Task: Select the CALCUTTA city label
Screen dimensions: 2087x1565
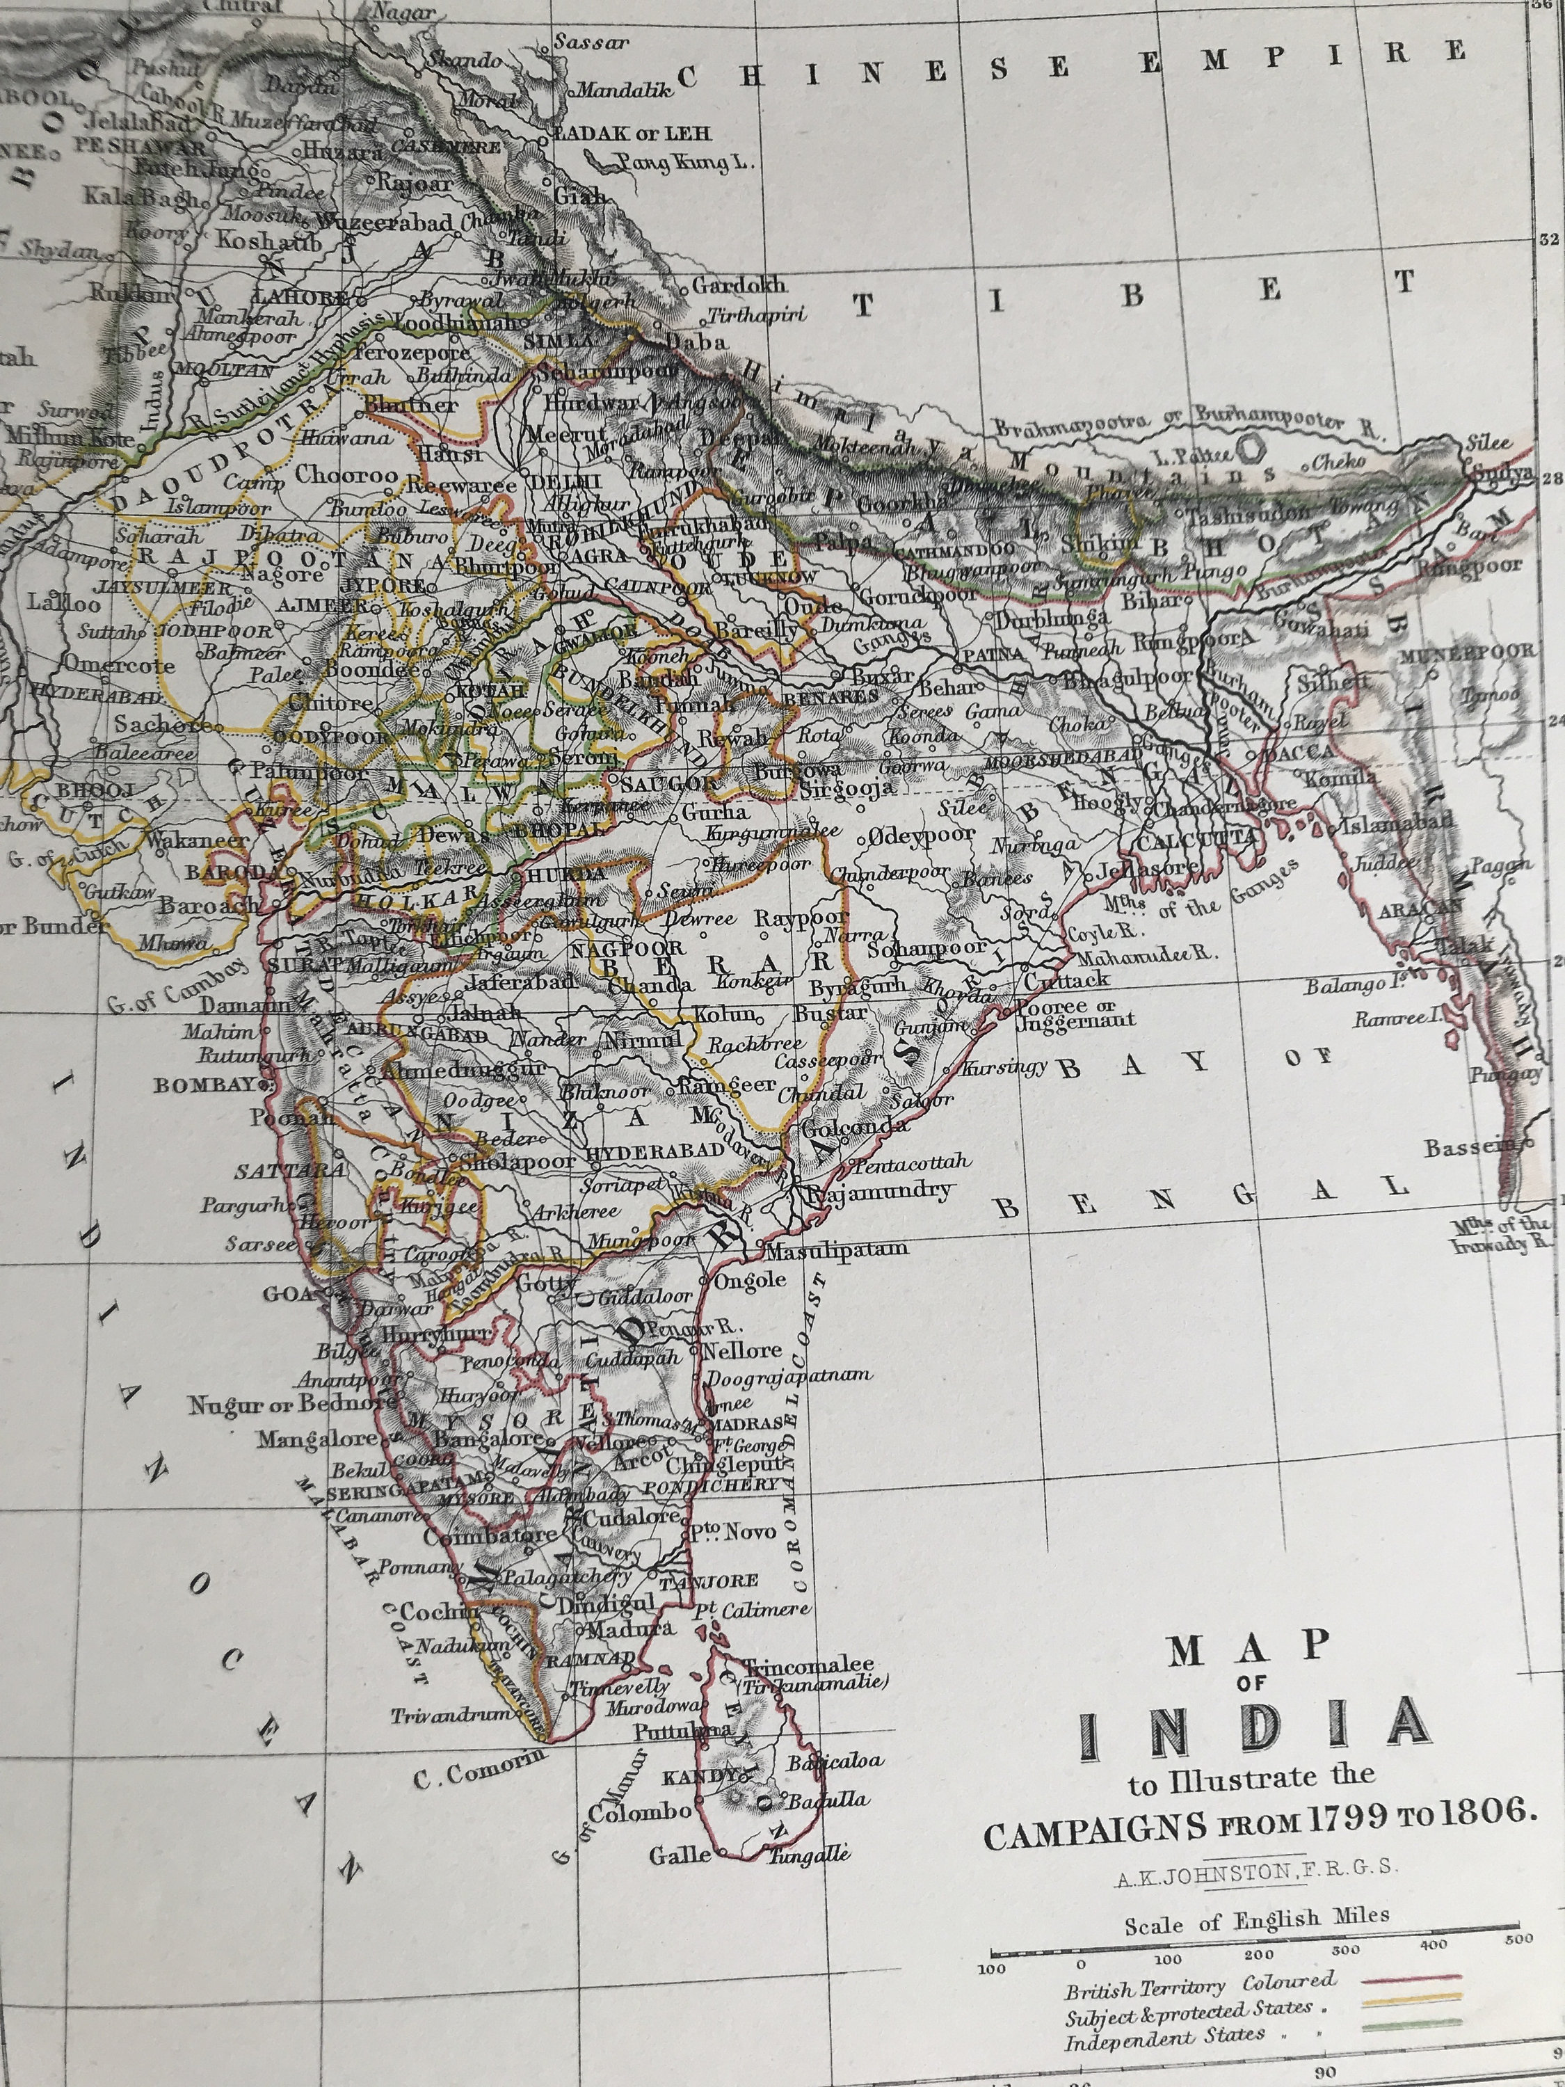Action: (x=1197, y=839)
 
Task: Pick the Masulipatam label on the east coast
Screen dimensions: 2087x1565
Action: (x=837, y=1248)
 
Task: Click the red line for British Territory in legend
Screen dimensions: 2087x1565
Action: (x=1411, y=1976)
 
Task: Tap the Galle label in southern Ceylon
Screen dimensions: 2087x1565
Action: (x=679, y=1856)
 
